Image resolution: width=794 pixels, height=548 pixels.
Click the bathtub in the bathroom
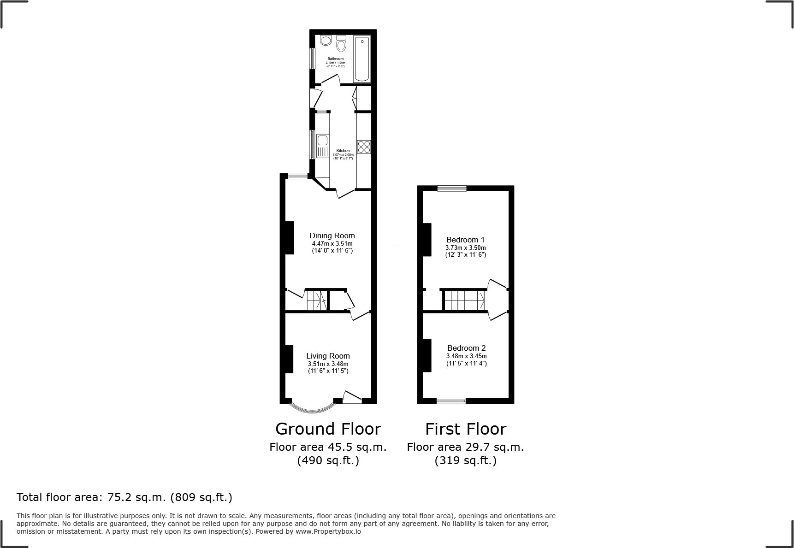[x=362, y=60]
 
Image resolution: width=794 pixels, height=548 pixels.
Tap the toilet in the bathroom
[x=341, y=44]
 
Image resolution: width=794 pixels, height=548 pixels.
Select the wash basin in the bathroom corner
[x=326, y=41]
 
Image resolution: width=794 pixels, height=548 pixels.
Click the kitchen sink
[x=323, y=146]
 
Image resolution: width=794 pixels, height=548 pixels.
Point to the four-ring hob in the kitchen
[x=364, y=147]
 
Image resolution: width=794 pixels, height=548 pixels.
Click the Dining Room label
[x=332, y=236]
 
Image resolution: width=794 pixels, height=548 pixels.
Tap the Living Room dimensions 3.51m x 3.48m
[x=328, y=364]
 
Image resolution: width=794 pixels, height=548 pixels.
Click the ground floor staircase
[x=317, y=300]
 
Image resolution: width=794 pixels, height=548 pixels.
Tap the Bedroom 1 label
[x=465, y=240]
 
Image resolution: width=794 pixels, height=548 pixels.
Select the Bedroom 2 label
[x=466, y=348]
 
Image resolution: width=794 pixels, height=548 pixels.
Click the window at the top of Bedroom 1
[x=452, y=188]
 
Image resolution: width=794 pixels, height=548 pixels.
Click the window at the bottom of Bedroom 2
[x=451, y=401]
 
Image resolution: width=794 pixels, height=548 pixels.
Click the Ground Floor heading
[x=328, y=429]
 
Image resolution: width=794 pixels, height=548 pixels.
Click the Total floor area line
[x=124, y=497]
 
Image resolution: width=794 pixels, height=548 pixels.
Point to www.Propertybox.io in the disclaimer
[x=328, y=531]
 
